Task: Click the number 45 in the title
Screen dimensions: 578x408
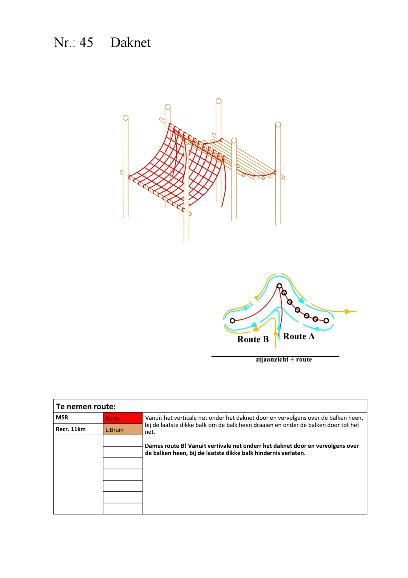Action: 86,42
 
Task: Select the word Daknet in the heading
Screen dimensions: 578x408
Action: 130,42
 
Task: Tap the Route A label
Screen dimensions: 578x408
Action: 298,336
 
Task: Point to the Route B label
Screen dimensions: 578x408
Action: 253,339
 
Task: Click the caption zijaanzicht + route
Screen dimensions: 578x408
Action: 284,360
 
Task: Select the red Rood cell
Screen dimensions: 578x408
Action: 122,418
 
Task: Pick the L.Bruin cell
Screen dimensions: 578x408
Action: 122,430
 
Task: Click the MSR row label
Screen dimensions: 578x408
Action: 62,418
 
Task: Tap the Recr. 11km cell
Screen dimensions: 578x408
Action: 71,429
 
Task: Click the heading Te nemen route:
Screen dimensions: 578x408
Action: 86,407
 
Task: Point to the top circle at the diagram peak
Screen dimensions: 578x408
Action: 279,286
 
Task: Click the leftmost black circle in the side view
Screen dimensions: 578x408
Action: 232,321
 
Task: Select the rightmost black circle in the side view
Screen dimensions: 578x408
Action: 326,321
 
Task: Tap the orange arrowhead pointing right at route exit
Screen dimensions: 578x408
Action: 349,312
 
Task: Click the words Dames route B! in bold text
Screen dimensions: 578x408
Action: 165,446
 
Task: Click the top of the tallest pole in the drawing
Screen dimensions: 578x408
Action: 218,101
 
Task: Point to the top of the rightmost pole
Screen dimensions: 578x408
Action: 278,125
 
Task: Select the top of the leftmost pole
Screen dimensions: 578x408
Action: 125,118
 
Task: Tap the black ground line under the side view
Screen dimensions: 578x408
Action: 234,357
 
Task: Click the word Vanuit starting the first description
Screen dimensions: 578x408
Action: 154,418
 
